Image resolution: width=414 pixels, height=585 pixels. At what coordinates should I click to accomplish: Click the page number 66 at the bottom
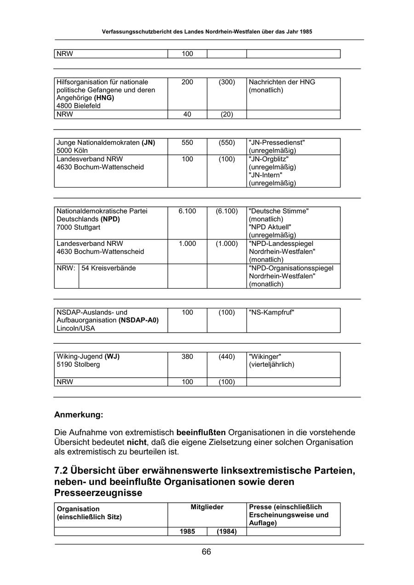(x=206, y=552)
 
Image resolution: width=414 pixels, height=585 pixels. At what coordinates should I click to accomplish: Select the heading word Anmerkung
(x=79, y=415)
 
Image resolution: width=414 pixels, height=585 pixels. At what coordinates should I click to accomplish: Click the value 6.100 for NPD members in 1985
(x=187, y=211)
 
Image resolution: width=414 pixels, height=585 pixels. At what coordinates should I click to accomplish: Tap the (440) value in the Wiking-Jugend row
(x=227, y=356)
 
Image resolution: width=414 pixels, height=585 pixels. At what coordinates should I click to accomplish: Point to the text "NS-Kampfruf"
(x=271, y=312)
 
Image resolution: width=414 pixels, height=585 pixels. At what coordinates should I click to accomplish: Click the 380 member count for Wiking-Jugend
(x=187, y=356)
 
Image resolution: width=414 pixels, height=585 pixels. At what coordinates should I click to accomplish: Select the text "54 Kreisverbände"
(x=109, y=268)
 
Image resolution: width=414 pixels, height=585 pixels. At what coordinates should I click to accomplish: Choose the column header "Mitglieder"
(x=207, y=507)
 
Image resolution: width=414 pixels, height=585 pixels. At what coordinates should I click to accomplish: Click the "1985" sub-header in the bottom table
(x=187, y=532)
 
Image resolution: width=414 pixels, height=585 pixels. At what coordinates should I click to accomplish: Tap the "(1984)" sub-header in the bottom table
(x=227, y=532)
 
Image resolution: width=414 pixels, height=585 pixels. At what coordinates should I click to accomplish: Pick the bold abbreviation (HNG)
(x=104, y=98)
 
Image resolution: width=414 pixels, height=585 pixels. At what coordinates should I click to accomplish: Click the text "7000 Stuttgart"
(x=78, y=227)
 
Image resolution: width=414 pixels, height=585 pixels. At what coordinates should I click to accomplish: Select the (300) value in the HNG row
(x=227, y=82)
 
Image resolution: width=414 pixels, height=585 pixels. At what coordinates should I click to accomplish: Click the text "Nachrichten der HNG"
(x=282, y=82)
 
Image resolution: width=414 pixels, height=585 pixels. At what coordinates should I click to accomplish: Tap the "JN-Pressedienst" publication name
(x=276, y=142)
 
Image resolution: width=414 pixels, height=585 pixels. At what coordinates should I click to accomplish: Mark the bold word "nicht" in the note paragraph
(x=136, y=442)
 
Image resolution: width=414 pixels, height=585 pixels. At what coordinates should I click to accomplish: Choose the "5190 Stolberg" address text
(x=78, y=364)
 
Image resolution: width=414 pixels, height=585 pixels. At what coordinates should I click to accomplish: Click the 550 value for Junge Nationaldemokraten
(x=187, y=142)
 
